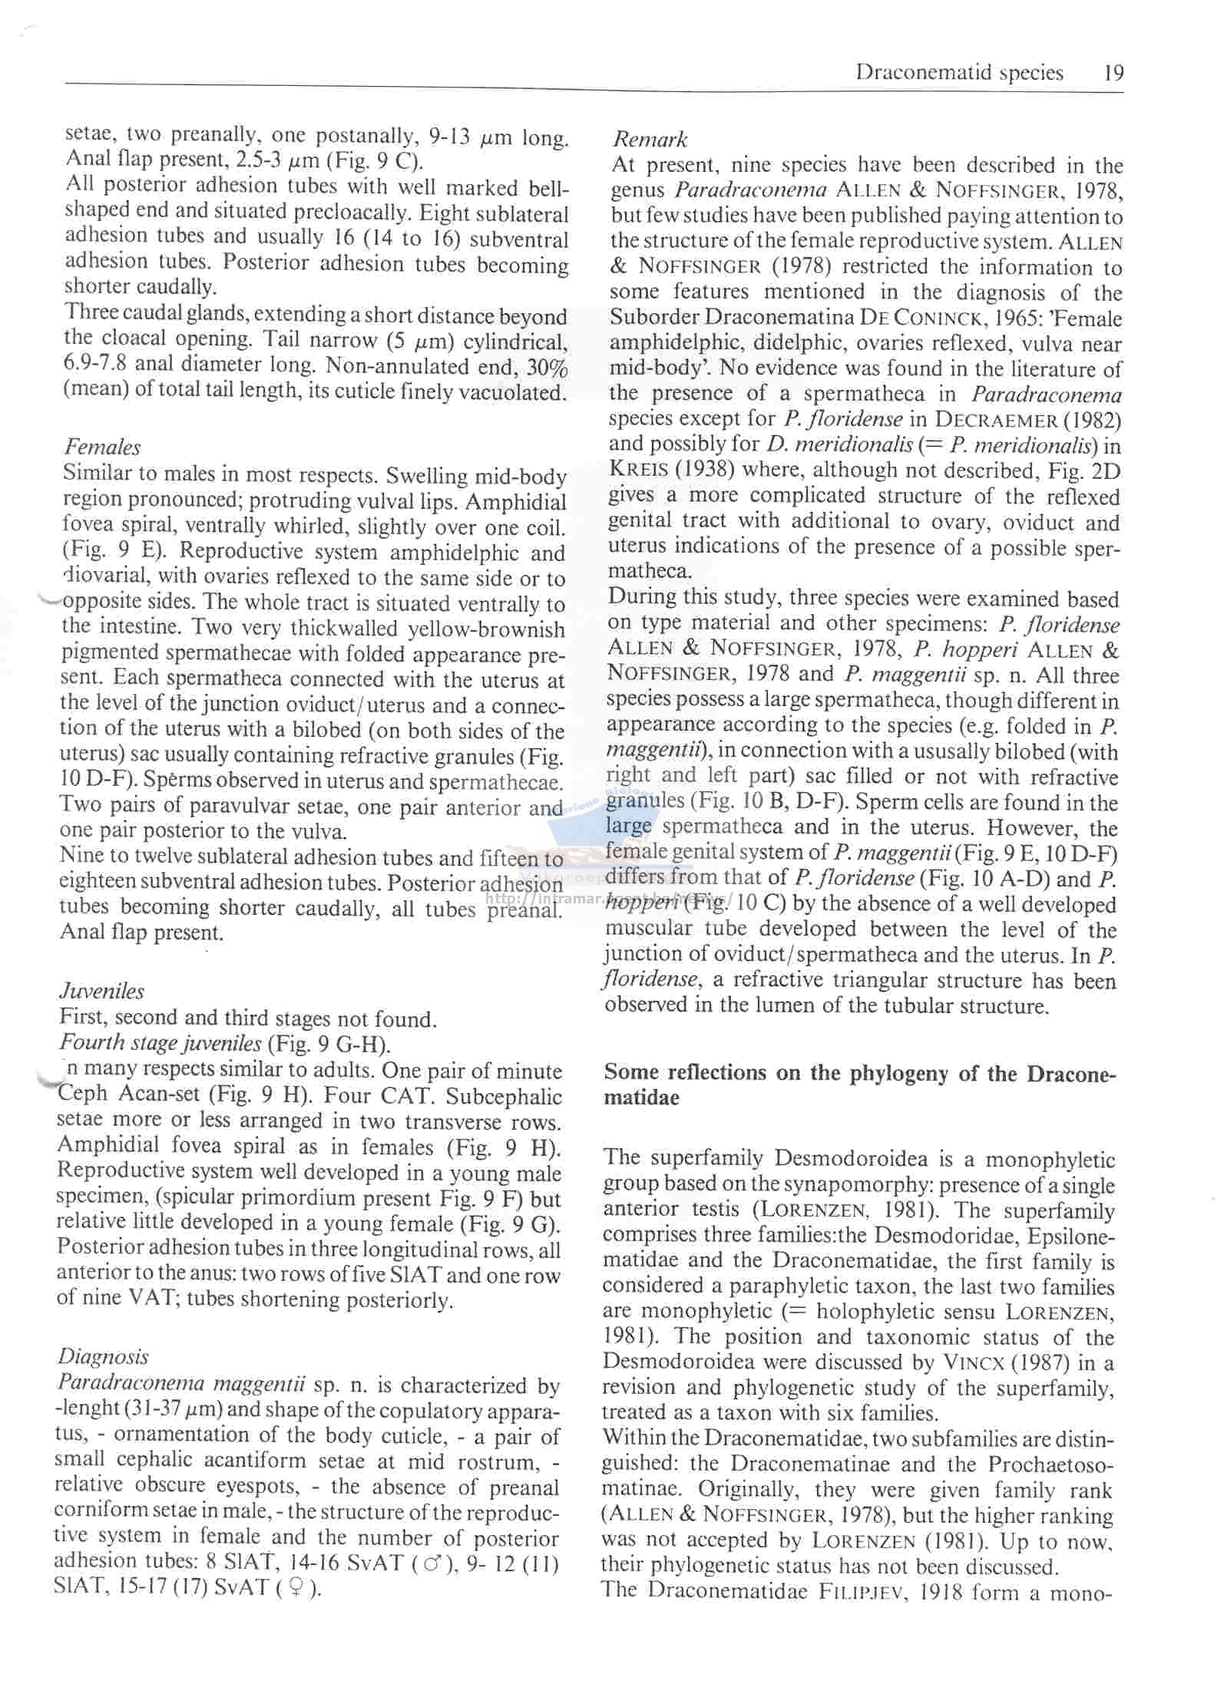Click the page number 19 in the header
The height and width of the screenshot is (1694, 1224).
(1113, 73)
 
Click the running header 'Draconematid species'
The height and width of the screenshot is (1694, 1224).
(959, 73)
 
